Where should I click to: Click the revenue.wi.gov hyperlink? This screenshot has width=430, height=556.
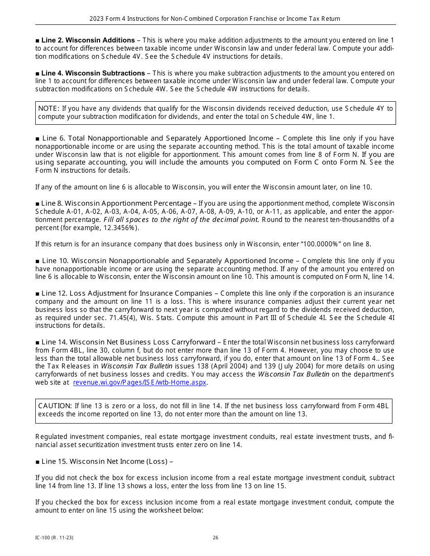(139, 382)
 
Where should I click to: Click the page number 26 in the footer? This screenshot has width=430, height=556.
(215, 537)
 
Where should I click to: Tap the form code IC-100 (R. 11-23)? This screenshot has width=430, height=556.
(54, 537)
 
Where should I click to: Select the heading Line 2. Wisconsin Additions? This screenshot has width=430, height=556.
(88, 40)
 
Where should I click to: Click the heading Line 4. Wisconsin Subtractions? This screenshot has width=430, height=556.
(93, 73)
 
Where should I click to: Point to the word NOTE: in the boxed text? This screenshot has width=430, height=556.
(48, 108)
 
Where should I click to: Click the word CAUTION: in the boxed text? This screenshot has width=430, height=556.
(55, 406)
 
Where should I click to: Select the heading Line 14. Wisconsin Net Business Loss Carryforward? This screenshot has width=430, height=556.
(128, 342)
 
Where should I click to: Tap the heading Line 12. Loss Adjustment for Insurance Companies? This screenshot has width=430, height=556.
(127, 293)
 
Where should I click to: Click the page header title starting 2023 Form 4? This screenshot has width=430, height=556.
(215, 19)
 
